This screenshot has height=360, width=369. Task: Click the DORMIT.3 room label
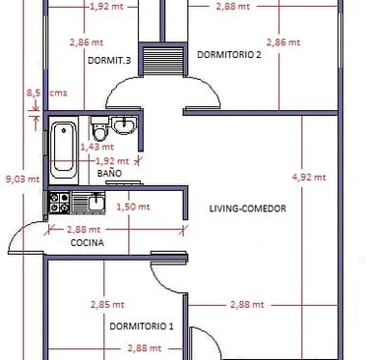(x=109, y=60)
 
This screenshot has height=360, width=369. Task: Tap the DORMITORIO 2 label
(x=229, y=54)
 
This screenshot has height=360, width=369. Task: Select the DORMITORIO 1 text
(x=142, y=327)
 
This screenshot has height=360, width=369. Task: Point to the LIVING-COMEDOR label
(x=248, y=209)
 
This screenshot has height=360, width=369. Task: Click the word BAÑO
(x=109, y=173)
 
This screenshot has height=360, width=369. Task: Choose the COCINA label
(x=88, y=243)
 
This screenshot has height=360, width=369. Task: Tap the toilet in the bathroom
(x=99, y=128)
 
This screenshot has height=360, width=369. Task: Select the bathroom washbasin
(x=124, y=126)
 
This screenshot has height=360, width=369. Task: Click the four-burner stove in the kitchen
(x=59, y=203)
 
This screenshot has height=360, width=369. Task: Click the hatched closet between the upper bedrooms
(x=163, y=60)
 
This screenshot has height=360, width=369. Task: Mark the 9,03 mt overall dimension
(x=23, y=179)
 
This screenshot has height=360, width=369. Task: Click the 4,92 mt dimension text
(x=309, y=177)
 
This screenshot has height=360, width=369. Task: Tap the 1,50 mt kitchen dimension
(x=133, y=207)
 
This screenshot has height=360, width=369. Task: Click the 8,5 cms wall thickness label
(x=46, y=93)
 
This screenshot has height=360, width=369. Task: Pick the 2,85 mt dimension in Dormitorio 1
(x=107, y=305)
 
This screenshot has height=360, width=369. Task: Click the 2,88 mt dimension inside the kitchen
(x=84, y=229)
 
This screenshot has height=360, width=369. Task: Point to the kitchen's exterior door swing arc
(x=16, y=232)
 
